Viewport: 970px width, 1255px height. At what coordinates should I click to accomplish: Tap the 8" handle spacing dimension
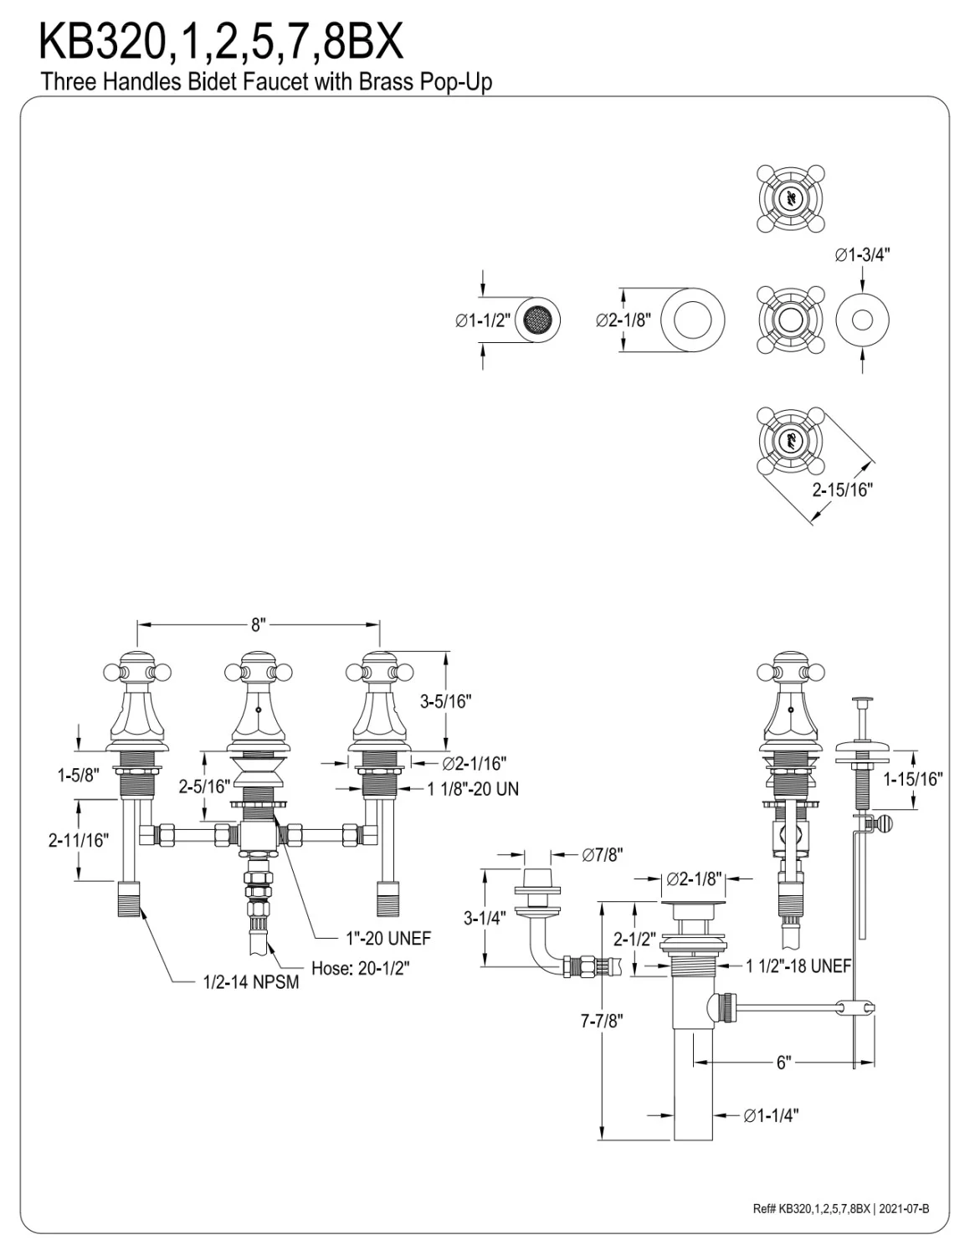[259, 624]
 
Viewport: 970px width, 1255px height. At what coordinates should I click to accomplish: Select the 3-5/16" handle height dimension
[445, 701]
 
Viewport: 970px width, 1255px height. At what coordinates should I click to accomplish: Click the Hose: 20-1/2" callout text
[361, 968]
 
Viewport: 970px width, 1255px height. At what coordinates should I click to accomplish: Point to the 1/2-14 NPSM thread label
[251, 981]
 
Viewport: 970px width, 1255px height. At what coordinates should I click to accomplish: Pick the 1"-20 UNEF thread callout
[388, 939]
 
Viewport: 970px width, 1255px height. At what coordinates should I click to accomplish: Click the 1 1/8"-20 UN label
[473, 789]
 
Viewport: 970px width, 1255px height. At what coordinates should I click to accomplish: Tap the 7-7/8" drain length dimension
[602, 1021]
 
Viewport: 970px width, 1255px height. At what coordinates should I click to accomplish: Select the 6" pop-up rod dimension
[783, 1062]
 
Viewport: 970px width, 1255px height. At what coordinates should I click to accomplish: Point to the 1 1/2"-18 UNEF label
[798, 965]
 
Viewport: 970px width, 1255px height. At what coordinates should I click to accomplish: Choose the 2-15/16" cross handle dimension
[842, 489]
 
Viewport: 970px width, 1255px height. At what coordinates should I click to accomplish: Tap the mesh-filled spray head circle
[538, 320]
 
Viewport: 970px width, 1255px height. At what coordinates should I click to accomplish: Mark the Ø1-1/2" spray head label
[483, 320]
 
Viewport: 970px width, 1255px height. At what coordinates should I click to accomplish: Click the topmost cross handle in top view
[790, 198]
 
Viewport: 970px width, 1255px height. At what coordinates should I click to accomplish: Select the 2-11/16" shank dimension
[79, 840]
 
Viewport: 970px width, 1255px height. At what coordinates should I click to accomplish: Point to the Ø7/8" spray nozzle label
[603, 855]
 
